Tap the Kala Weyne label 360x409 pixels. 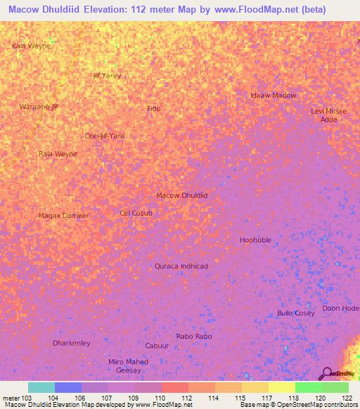pyautogui.click(x=31, y=46)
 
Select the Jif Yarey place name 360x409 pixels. pyautogui.click(x=107, y=75)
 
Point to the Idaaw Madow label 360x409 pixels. pyautogui.click(x=274, y=95)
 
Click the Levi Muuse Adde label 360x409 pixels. pyautogui.click(x=328, y=115)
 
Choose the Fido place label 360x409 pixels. pyautogui.click(x=153, y=108)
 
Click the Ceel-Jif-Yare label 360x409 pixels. pyautogui.click(x=105, y=136)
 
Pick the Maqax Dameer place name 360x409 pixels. pyautogui.click(x=63, y=215)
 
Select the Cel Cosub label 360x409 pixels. pyautogui.click(x=136, y=212)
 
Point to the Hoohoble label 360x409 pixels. pyautogui.click(x=255, y=240)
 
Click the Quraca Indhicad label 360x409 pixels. pyautogui.click(x=181, y=266)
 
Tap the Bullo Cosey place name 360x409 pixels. pyautogui.click(x=296, y=313)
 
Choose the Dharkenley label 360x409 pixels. pyautogui.click(x=71, y=343)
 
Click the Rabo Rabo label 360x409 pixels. pyautogui.click(x=194, y=337)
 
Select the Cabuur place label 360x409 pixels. pyautogui.click(x=157, y=346)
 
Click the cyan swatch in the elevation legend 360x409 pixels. pyautogui.click(x=41, y=387)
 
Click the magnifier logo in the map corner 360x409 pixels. pyautogui.click(x=326, y=373)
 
